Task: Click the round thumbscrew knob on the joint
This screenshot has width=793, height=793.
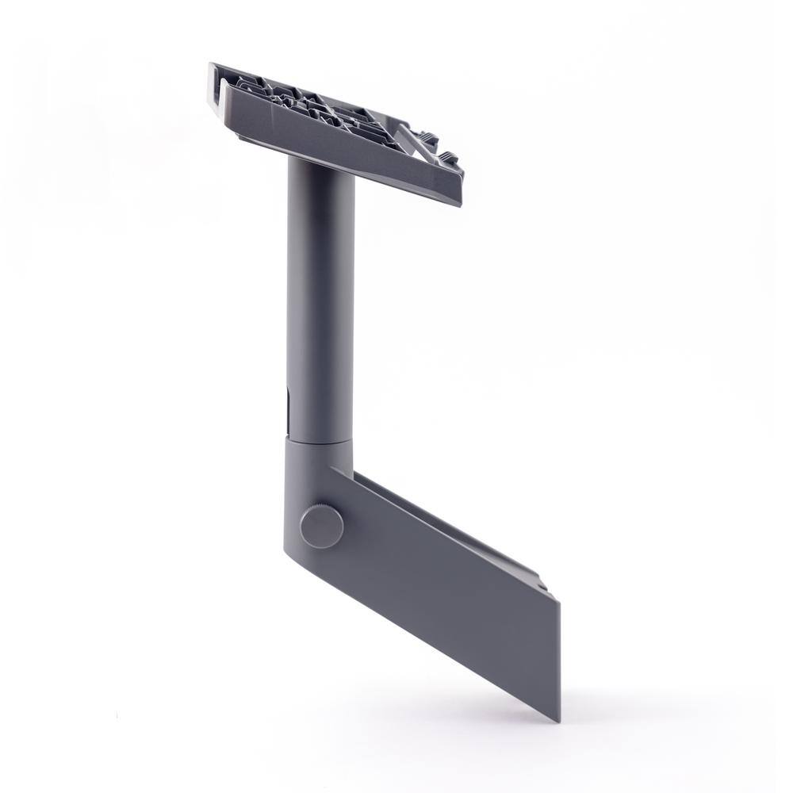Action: click(x=321, y=525)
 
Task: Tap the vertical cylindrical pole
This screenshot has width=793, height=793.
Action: click(x=320, y=301)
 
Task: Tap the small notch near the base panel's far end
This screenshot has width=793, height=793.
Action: click(x=546, y=585)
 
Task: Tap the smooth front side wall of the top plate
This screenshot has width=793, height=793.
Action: click(x=341, y=143)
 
